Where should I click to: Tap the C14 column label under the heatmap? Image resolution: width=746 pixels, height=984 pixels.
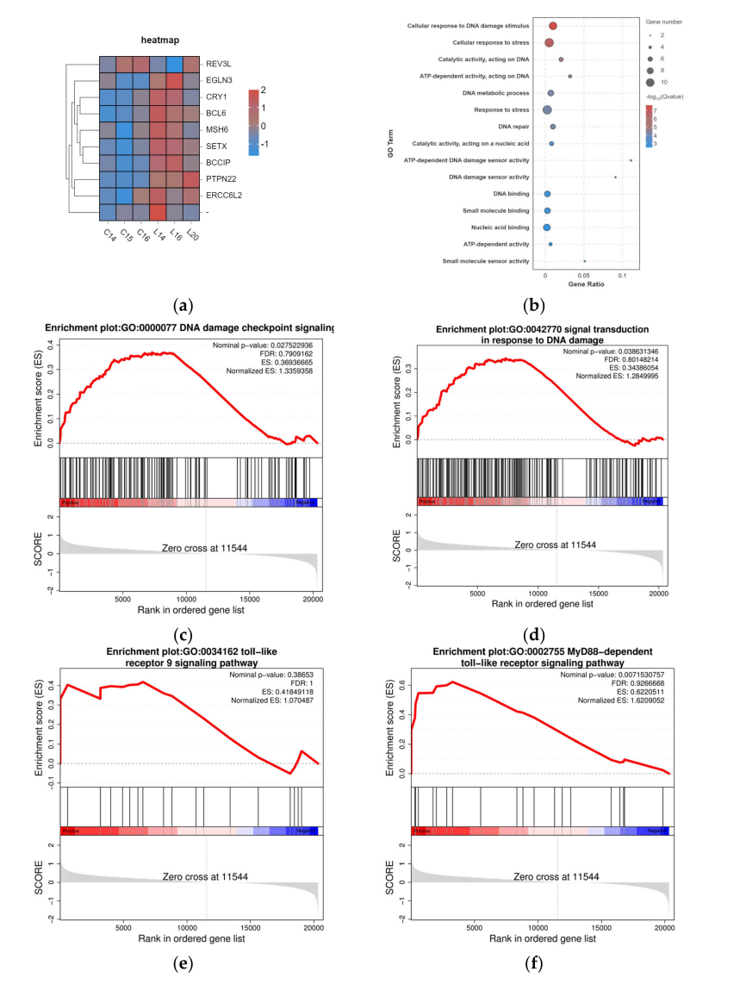click(106, 235)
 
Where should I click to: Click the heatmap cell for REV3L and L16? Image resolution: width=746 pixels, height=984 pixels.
click(175, 65)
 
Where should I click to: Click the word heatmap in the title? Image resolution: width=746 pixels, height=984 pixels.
click(160, 40)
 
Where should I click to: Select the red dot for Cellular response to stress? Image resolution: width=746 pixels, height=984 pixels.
click(550, 42)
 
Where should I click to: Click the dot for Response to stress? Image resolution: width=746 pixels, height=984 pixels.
click(547, 109)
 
